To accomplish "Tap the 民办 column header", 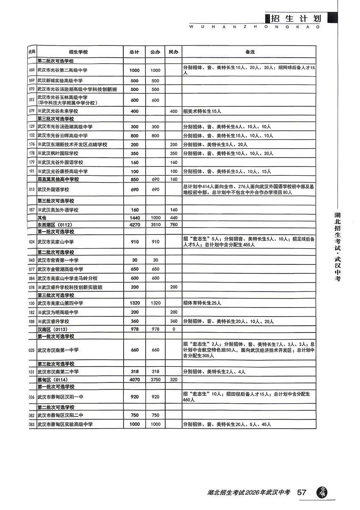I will click(x=172, y=52).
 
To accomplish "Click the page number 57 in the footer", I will click(x=302, y=493).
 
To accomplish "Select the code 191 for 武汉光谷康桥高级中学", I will click(x=31, y=172).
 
